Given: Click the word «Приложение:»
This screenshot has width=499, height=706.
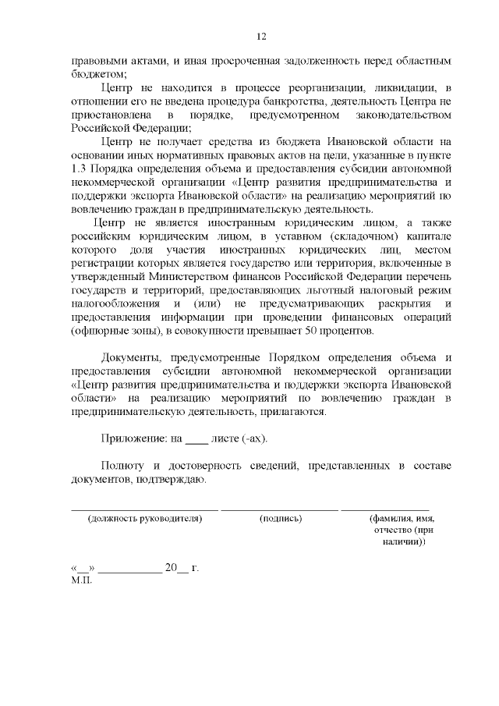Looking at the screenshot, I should (133, 440).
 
